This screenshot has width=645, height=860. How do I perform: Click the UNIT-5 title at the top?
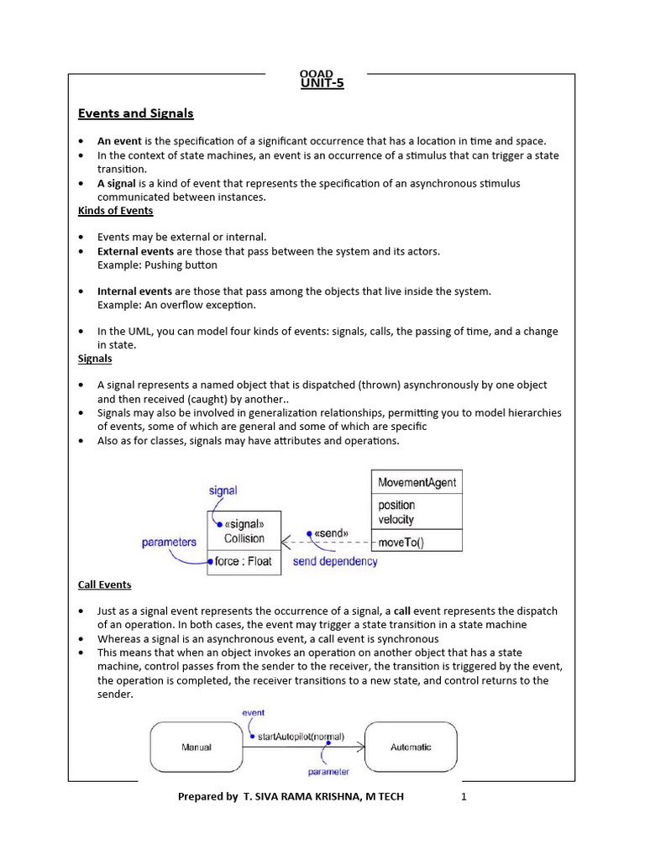click(322, 83)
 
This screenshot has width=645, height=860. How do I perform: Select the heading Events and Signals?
click(135, 113)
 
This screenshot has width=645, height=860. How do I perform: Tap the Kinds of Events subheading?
click(115, 211)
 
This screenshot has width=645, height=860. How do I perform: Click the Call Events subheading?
click(104, 585)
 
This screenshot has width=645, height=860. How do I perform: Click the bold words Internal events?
click(134, 291)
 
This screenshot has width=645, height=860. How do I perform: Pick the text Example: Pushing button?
click(157, 265)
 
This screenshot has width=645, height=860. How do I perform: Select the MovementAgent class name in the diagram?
click(417, 483)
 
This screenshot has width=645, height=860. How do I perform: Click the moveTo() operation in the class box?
click(401, 543)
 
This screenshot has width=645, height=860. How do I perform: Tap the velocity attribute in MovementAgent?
click(396, 519)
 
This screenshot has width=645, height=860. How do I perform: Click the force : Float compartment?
click(244, 561)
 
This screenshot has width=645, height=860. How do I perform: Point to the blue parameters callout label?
click(169, 543)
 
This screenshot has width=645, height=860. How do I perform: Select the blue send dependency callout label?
click(335, 561)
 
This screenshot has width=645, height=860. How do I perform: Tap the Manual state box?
click(196, 747)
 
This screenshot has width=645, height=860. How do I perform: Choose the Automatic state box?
click(411, 747)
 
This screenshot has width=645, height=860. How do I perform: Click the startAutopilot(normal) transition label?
click(288, 737)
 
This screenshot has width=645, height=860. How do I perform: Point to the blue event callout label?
click(253, 712)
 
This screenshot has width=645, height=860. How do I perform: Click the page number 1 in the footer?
click(463, 796)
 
